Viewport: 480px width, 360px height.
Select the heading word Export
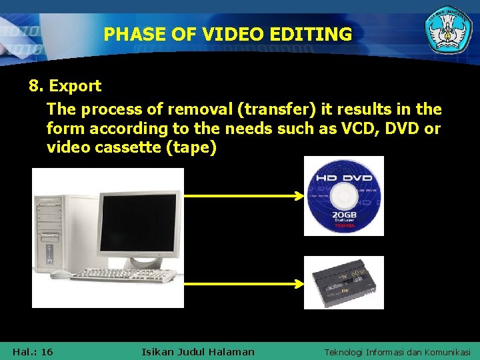click(75, 86)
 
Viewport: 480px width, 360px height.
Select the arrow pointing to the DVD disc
click(244, 196)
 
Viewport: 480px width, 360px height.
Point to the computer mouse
click(60, 275)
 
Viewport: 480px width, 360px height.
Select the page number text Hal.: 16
click(33, 351)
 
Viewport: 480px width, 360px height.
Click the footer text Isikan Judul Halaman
click(198, 351)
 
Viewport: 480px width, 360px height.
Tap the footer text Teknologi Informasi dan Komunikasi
click(397, 351)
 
